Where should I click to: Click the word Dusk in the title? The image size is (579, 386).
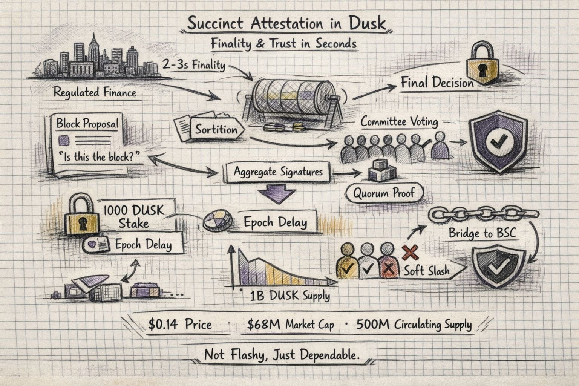click(x=367, y=23)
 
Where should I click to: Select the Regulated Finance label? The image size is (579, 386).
click(x=95, y=92)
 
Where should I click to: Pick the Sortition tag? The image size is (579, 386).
click(x=216, y=130)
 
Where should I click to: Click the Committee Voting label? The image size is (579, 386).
click(x=399, y=122)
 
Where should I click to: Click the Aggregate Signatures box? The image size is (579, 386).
click(x=278, y=172)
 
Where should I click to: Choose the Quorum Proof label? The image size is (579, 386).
click(x=384, y=194)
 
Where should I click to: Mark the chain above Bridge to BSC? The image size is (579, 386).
click(x=484, y=214)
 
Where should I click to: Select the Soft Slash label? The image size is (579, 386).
click(x=426, y=270)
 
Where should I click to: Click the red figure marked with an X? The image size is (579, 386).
click(x=388, y=260)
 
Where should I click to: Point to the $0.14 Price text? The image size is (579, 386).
click(x=180, y=325)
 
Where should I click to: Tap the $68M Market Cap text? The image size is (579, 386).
click(x=290, y=325)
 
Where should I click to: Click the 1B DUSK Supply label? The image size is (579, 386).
click(x=289, y=296)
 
